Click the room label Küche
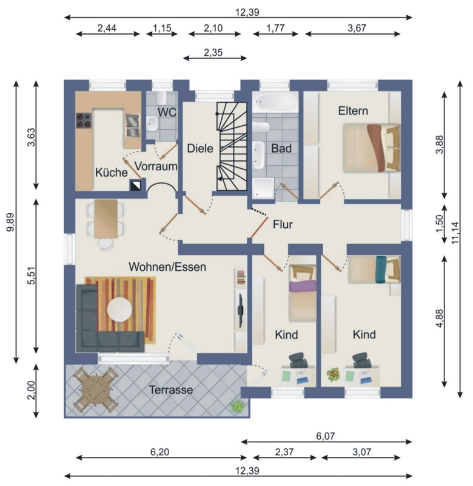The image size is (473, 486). pyautogui.click(x=112, y=173)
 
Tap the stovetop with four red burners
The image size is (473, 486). pyautogui.click(x=84, y=120)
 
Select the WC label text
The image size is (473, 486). pyautogui.click(x=167, y=112)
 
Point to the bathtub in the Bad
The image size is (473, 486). pyautogui.click(x=275, y=101)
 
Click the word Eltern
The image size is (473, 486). pyautogui.click(x=353, y=111)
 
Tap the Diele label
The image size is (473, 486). pyautogui.click(x=200, y=148)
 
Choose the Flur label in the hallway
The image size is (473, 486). pyautogui.click(x=283, y=224)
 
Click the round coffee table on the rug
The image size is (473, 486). pyautogui.click(x=119, y=309)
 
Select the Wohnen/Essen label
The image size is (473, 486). pyautogui.click(x=167, y=267)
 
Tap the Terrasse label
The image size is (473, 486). pyautogui.click(x=171, y=389)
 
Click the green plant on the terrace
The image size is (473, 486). pyautogui.click(x=238, y=405)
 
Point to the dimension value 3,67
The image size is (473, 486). pyautogui.click(x=357, y=28)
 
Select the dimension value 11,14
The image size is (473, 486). pyautogui.click(x=455, y=233)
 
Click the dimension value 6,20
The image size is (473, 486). pyautogui.click(x=159, y=452)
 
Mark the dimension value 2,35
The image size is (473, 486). pyautogui.click(x=213, y=52)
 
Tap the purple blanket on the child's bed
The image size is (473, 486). pyautogui.click(x=303, y=286)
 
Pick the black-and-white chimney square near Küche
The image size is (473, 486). pyautogui.click(x=136, y=185)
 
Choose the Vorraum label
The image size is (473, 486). pyautogui.click(x=156, y=166)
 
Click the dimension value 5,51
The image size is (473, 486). pyautogui.click(x=32, y=275)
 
